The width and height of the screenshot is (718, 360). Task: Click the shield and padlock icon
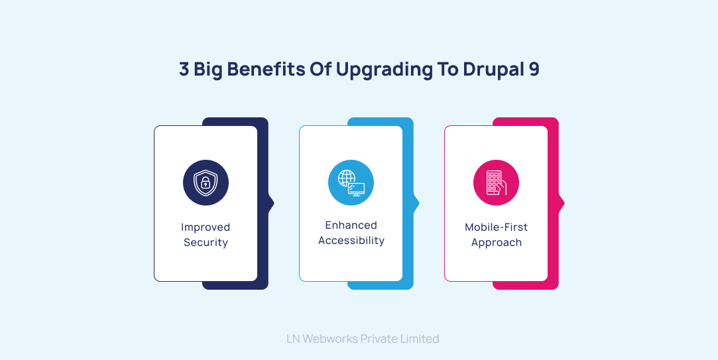coord(206,182)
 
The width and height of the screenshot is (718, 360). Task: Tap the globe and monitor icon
coord(351,182)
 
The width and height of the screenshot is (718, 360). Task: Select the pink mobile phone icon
coord(496,182)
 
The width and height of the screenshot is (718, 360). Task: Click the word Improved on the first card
coord(206,227)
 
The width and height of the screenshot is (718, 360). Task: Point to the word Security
coord(206,243)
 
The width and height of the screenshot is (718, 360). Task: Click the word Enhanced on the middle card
coord(351,225)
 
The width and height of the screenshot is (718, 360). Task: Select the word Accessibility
coord(351,241)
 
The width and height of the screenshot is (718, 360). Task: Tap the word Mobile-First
coord(496,227)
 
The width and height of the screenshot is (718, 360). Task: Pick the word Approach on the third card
coord(496,243)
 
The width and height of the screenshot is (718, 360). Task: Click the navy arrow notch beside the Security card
coord(270,203)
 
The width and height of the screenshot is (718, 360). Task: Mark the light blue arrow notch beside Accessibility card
coord(416,203)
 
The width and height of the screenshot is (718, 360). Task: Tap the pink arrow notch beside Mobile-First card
coord(561,203)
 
